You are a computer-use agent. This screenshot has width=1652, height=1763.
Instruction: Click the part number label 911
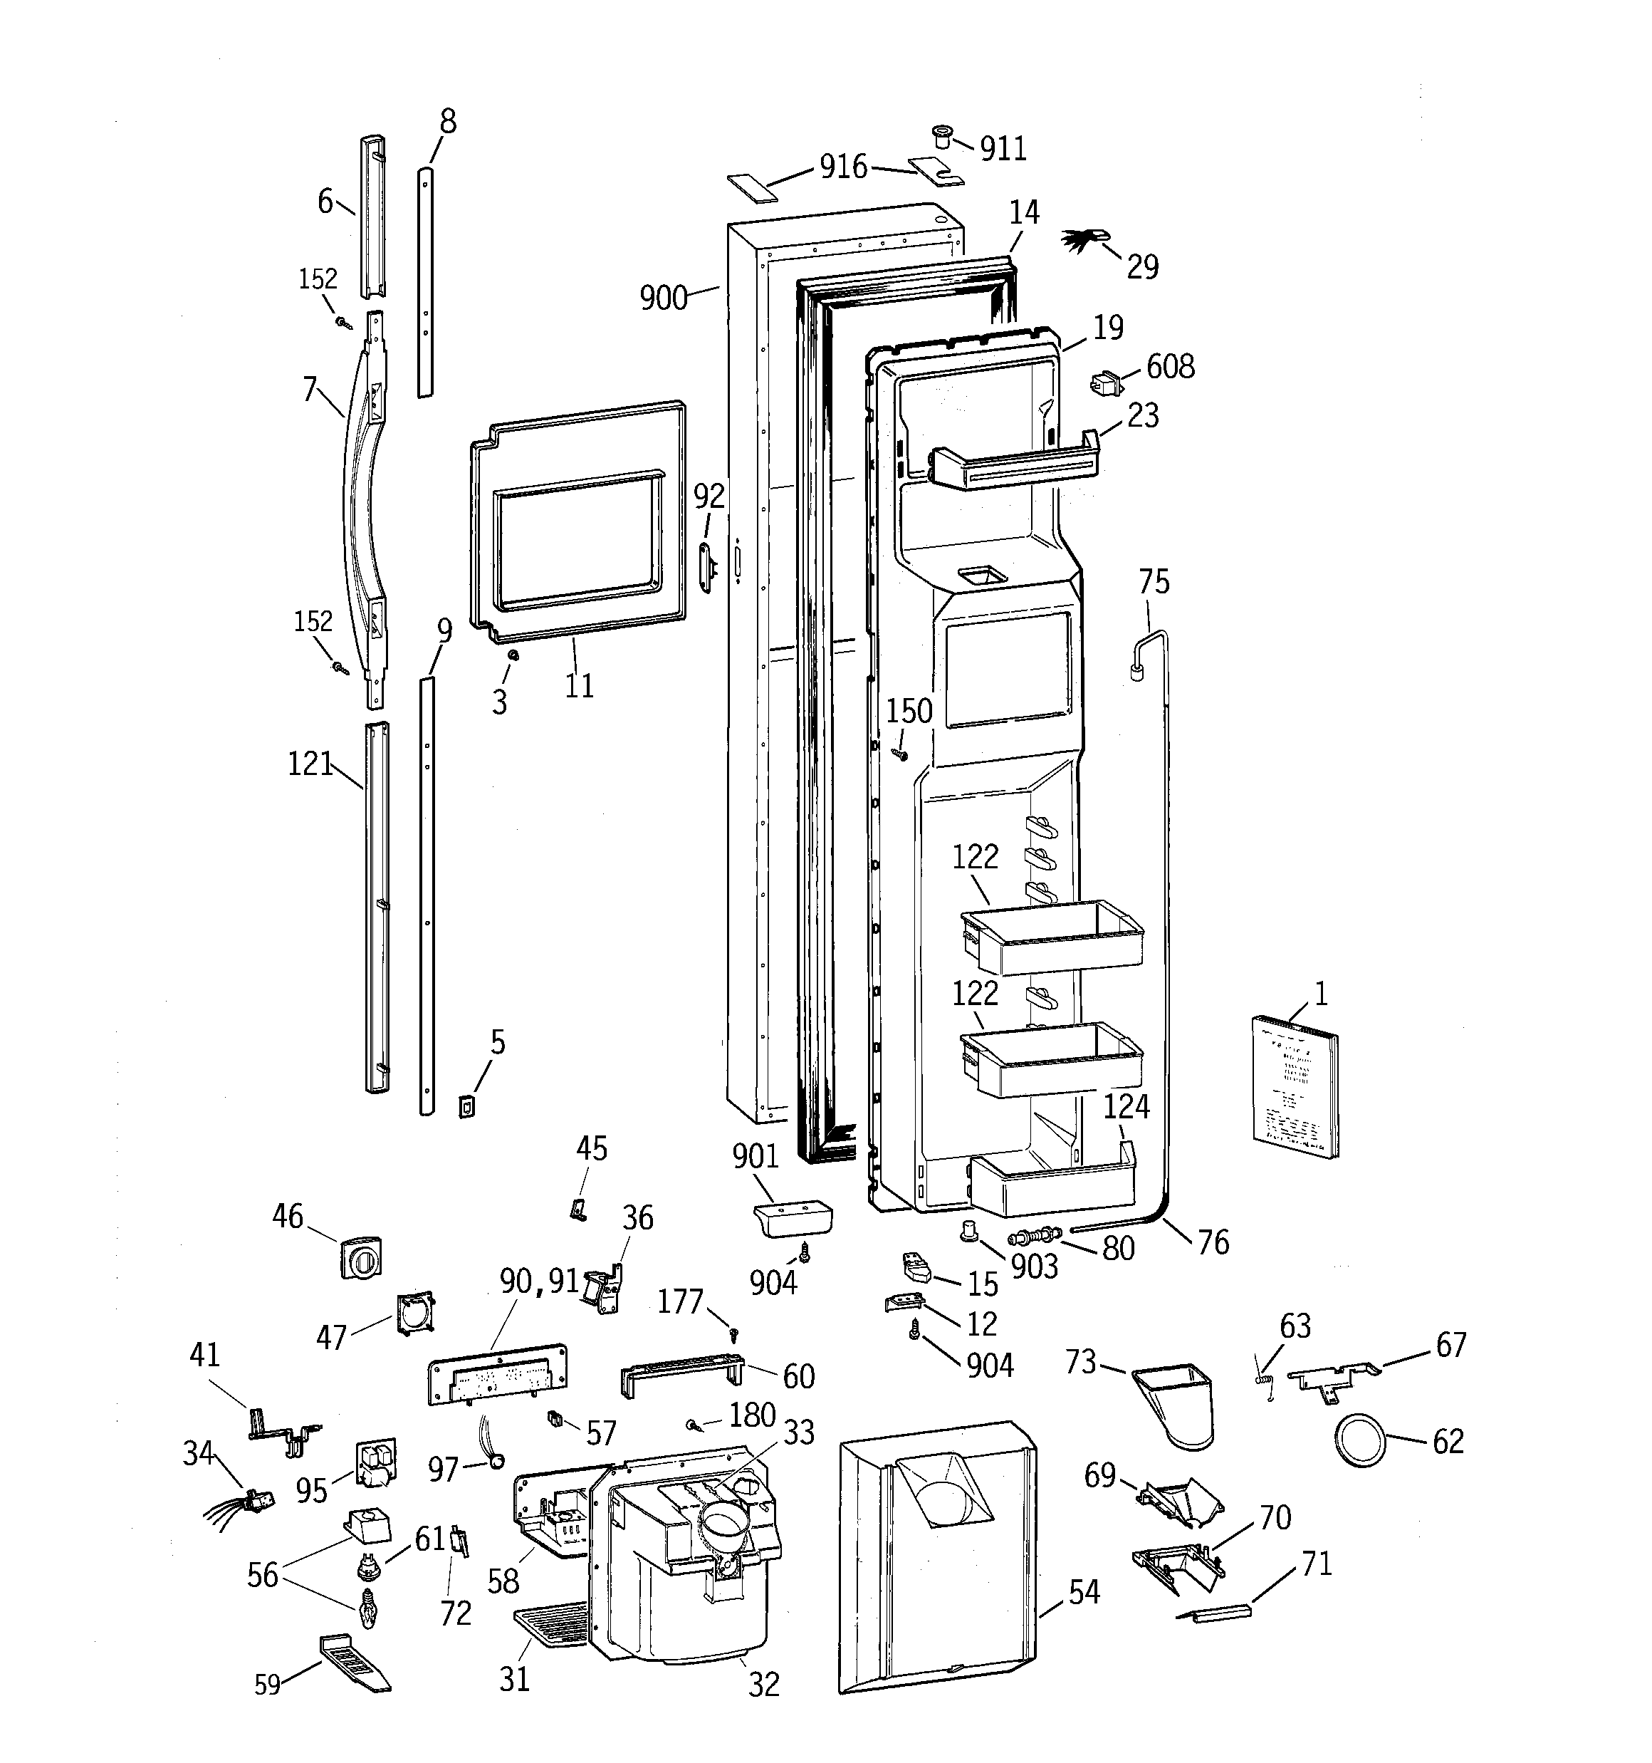[x=1003, y=149]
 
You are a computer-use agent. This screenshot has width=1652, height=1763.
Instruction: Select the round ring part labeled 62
[x=1359, y=1441]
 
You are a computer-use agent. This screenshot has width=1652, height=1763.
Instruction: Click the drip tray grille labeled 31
[x=553, y=1623]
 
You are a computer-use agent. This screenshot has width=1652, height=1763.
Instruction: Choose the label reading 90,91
[x=538, y=1281]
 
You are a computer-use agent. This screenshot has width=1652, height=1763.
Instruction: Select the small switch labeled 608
[x=1104, y=384]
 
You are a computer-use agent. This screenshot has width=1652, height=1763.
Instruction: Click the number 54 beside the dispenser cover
[x=1084, y=1592]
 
